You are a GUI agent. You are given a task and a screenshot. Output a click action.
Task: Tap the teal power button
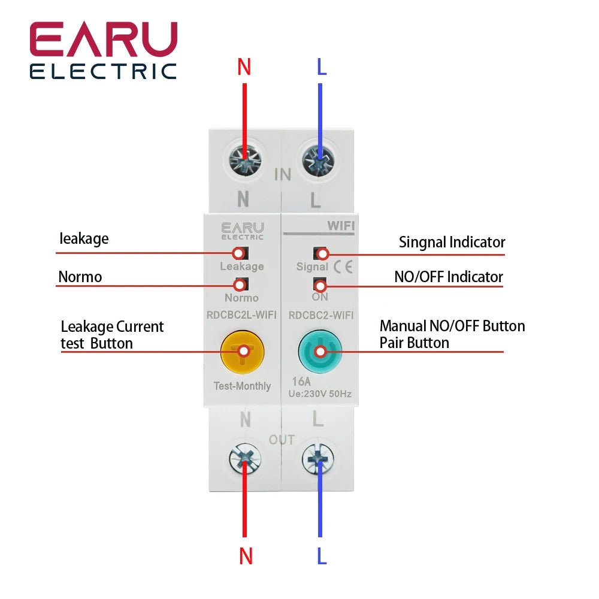[320, 352]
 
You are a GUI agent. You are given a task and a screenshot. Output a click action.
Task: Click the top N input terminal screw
[244, 159]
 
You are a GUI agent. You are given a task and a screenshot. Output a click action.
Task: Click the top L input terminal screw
[320, 159]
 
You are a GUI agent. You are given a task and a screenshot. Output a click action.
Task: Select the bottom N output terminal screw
[244, 460]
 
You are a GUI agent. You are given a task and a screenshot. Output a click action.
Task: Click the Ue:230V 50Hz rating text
[320, 394]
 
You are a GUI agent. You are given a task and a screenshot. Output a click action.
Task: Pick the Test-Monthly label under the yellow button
[242, 386]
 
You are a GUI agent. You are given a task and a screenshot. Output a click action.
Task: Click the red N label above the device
[244, 67]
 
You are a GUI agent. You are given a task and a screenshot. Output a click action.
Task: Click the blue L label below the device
[322, 556]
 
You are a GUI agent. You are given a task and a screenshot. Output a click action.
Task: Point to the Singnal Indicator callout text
[452, 243]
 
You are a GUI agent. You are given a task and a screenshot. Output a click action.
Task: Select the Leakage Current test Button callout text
[112, 335]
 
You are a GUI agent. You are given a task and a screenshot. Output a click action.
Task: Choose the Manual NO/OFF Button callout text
[452, 326]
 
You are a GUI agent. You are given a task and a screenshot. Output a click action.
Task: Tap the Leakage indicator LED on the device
[240, 253]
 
